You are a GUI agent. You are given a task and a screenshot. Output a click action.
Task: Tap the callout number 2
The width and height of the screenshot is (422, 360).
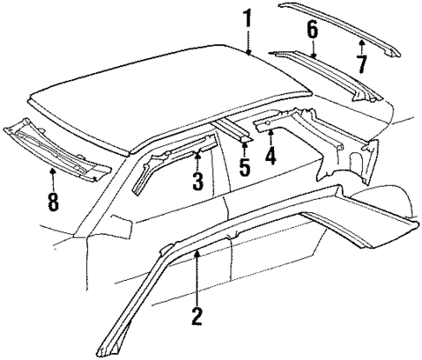[198, 316]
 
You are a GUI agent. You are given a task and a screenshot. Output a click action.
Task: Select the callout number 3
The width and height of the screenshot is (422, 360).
[198, 180]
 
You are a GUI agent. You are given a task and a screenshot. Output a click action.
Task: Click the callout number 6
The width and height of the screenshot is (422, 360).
[312, 32]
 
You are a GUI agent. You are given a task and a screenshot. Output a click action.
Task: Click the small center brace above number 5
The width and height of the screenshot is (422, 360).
[235, 127]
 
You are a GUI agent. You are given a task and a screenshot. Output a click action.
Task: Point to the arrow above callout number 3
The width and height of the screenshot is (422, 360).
[198, 157]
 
